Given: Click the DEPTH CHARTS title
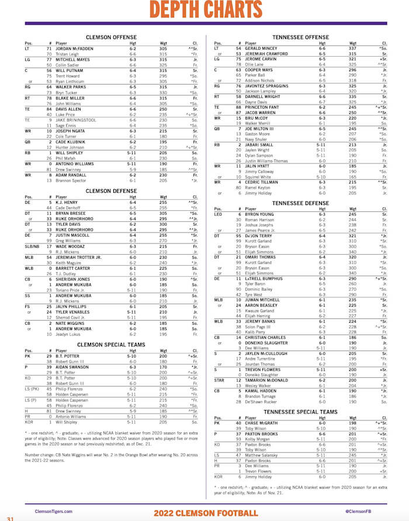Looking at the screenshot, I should click(x=204, y=13).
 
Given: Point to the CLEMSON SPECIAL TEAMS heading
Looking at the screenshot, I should click(x=110, y=344).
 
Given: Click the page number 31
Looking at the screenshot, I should click(x=10, y=517).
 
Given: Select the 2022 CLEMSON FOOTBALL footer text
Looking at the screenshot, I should click(x=205, y=513).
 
